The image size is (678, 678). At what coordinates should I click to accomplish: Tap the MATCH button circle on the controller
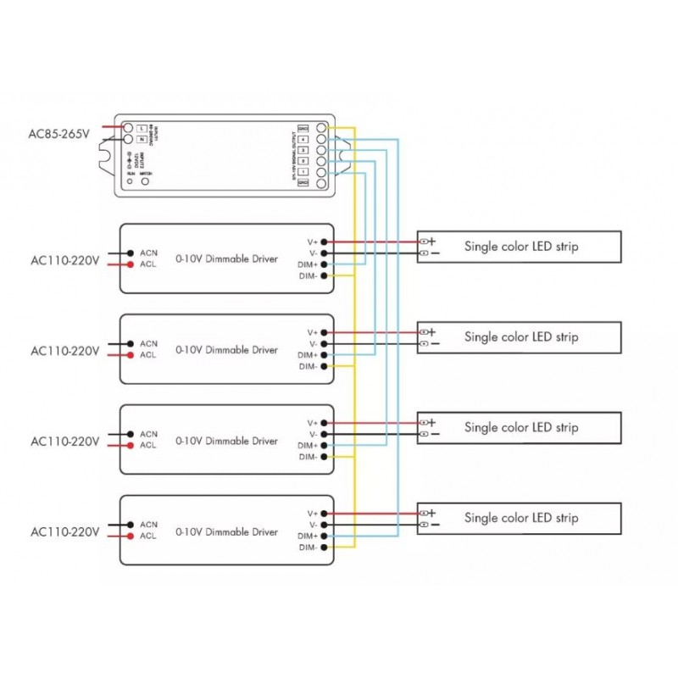[146, 181]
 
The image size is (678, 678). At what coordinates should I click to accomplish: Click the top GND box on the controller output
[303, 128]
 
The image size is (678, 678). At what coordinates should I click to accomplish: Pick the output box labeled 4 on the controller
[303, 139]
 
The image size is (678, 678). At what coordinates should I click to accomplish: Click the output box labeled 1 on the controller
[303, 171]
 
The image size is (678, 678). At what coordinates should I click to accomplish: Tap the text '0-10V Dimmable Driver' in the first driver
[226, 258]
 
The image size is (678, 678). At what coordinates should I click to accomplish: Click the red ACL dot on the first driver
[129, 264]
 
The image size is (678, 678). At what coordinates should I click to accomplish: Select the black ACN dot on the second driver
[129, 343]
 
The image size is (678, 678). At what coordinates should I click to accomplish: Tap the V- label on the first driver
[313, 253]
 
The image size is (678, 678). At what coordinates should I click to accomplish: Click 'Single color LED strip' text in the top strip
[521, 247]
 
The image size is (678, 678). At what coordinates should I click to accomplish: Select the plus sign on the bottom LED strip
[432, 513]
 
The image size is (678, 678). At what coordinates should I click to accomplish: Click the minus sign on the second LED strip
[435, 344]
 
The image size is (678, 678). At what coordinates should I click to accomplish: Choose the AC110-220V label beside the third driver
[65, 442]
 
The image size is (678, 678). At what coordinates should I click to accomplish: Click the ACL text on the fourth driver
[148, 536]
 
